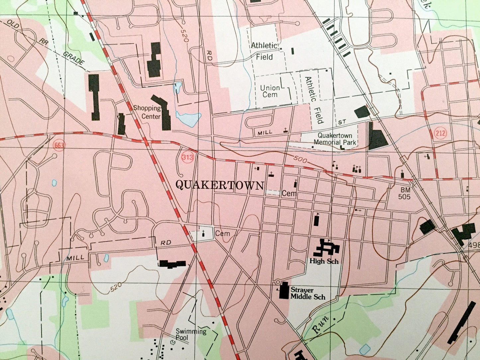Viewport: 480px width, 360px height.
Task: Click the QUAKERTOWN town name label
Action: click(220, 185)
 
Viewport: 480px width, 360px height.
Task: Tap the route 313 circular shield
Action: click(187, 158)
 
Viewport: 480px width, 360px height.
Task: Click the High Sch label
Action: click(324, 261)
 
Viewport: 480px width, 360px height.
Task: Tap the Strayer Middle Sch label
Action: click(308, 293)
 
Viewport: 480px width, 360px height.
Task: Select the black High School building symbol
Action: click(326, 248)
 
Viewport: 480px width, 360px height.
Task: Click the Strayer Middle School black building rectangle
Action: click(284, 291)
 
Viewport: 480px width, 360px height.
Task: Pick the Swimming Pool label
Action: click(191, 334)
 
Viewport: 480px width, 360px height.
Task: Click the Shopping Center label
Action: click(147, 112)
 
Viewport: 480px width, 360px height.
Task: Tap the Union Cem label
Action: click(270, 91)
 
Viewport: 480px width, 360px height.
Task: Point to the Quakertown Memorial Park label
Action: click(337, 139)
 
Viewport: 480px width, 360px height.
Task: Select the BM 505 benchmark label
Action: click(405, 194)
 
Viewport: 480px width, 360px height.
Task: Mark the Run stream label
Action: click(321, 323)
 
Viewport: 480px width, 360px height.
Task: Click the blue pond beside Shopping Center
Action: click(189, 118)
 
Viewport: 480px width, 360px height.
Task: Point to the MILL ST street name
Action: click(299, 128)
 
